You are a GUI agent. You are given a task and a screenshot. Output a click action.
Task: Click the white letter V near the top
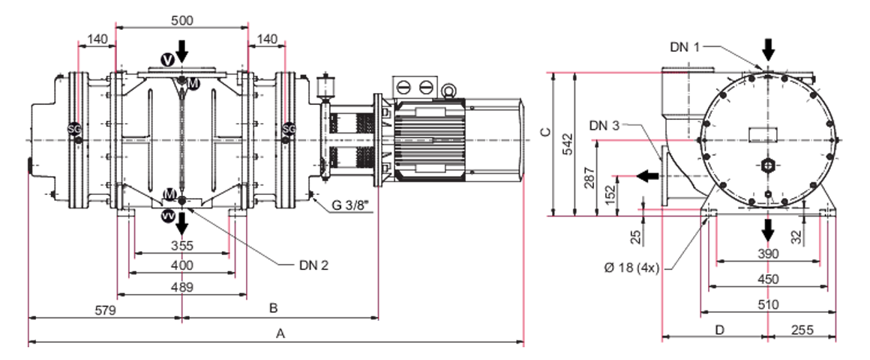click(x=168, y=60)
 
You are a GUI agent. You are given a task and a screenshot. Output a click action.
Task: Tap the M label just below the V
click(x=193, y=83)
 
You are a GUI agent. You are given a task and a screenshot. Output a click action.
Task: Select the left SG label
click(x=74, y=129)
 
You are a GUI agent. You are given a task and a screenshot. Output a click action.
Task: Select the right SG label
click(x=289, y=129)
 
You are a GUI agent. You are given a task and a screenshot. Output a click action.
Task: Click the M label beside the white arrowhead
click(x=170, y=194)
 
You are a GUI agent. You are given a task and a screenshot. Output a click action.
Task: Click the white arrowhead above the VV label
click(x=163, y=182)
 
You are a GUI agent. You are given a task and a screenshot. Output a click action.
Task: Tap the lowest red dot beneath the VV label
click(x=181, y=327)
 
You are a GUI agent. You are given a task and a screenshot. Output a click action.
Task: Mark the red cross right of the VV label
click(x=229, y=229)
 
